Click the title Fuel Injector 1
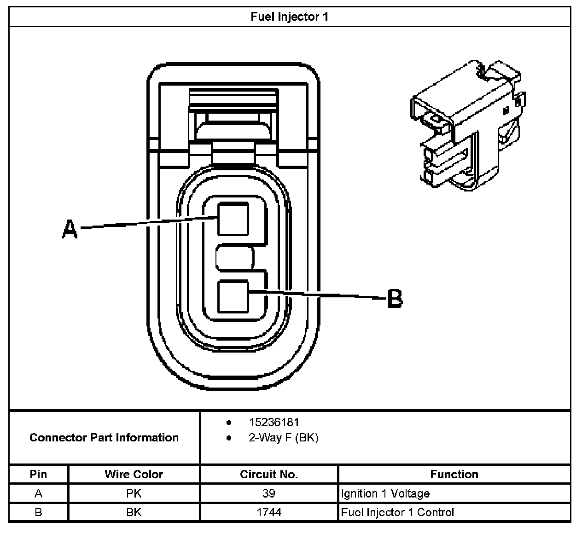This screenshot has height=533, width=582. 290,17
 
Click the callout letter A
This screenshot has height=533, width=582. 70,229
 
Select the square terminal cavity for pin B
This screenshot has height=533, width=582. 233,296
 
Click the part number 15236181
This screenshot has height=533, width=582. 274,422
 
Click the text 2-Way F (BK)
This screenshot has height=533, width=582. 283,437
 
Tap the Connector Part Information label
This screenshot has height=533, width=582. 104,437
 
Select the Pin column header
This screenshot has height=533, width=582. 38,474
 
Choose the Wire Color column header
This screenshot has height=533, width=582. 134,474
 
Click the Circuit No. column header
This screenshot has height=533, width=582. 269,474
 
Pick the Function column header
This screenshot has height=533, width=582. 454,474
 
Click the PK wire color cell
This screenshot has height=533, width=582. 134,493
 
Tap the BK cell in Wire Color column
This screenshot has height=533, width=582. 134,512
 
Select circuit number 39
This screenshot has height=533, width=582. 269,493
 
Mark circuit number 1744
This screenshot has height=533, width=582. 269,512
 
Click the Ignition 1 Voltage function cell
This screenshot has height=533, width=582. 385,493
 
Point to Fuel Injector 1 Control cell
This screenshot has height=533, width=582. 397,512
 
